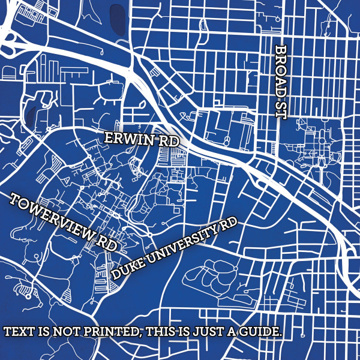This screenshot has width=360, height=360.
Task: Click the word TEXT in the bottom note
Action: click(x=18, y=332)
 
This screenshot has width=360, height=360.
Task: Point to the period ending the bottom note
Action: click(x=281, y=335)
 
